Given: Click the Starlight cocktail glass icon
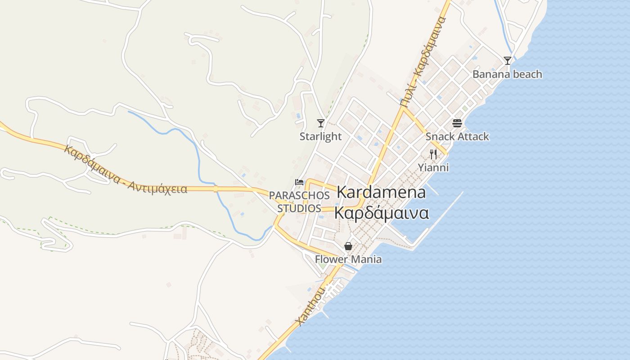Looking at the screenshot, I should [321, 123].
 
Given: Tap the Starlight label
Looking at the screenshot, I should [321, 136].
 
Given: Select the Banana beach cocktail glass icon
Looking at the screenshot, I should [508, 60].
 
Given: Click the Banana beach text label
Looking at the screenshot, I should [507, 74].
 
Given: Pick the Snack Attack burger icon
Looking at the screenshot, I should [457, 123].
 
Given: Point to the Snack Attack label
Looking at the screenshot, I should [457, 136].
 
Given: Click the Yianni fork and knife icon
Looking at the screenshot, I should [433, 154].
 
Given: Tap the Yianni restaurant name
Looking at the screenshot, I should [433, 167].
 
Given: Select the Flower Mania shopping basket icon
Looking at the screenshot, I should [348, 246].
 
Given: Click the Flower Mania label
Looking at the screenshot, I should [348, 259].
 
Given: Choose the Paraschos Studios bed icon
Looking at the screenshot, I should [299, 182].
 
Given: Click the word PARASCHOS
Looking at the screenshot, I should [299, 195].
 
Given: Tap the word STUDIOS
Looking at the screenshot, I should [299, 208].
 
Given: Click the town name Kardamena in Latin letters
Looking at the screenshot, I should [381, 192].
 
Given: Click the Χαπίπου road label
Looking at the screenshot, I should [311, 306].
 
